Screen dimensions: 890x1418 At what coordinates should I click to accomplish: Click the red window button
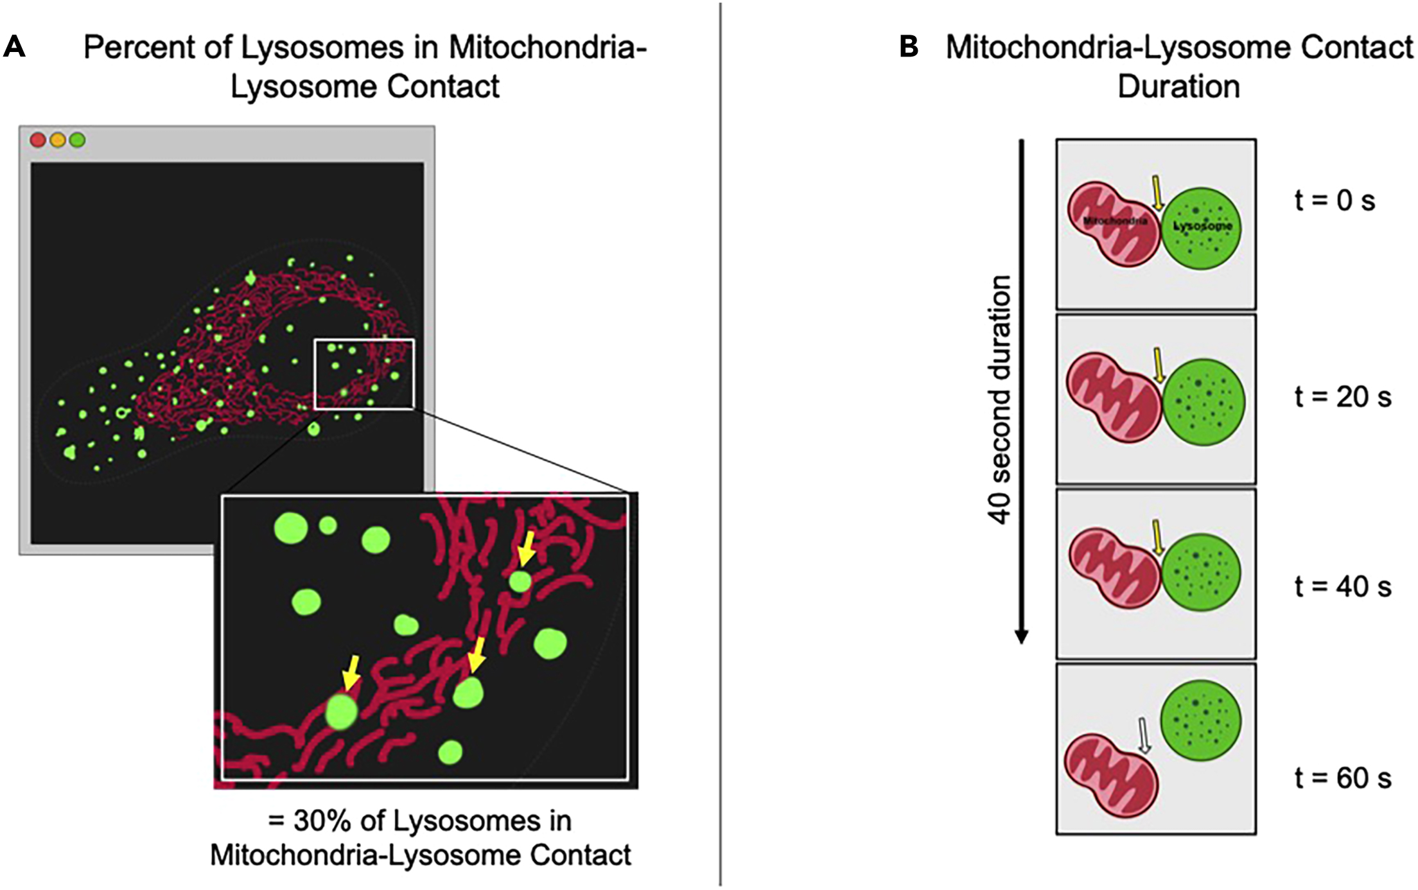[x=38, y=140]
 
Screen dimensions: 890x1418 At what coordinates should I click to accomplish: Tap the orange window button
[x=58, y=140]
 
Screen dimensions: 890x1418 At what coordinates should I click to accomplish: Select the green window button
[x=77, y=140]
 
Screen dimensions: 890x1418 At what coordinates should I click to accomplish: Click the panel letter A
[x=14, y=48]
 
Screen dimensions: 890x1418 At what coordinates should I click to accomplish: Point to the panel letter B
[x=909, y=48]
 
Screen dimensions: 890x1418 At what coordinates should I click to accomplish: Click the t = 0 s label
[x=1335, y=201]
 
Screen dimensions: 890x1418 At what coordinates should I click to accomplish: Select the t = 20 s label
[x=1343, y=397]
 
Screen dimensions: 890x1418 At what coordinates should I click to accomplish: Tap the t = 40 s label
[x=1343, y=587]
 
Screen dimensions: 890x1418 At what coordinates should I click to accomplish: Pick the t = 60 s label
[x=1343, y=778]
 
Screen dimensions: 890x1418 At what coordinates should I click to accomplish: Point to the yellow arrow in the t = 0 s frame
[x=1157, y=193]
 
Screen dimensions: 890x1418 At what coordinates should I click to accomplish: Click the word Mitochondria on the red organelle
[x=1115, y=222]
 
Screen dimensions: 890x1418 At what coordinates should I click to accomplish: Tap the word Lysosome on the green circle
[x=1202, y=227]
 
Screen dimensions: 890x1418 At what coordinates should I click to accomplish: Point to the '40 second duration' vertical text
[x=1001, y=399]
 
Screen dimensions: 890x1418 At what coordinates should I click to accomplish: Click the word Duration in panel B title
[x=1178, y=87]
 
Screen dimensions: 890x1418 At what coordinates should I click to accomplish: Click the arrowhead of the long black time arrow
[x=1021, y=636]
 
